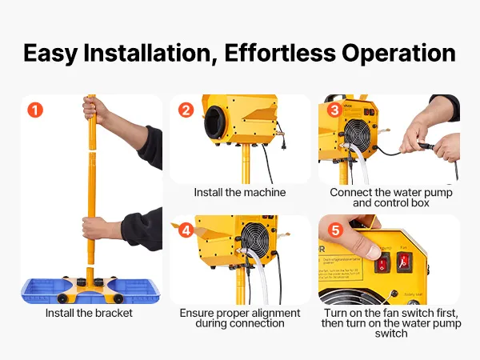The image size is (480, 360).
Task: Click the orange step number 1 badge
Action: [35, 110]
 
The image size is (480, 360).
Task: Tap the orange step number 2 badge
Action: [186, 110]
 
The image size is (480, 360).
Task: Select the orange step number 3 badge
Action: [335, 110]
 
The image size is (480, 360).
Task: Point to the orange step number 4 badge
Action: [186, 230]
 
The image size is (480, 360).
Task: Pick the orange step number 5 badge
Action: [335, 230]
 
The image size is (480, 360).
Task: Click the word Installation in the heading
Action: [150, 53]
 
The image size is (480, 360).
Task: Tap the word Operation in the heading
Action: [398, 54]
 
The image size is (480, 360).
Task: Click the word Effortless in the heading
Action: [280, 53]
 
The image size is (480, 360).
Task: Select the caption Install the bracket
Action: [89, 313]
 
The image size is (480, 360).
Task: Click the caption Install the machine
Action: [240, 192]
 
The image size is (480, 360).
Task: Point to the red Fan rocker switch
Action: [404, 262]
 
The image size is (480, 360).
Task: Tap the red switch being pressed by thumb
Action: [382, 263]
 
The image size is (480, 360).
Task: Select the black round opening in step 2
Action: [215, 122]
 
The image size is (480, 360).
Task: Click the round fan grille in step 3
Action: [358, 134]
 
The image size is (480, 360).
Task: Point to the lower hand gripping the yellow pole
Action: [98, 229]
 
